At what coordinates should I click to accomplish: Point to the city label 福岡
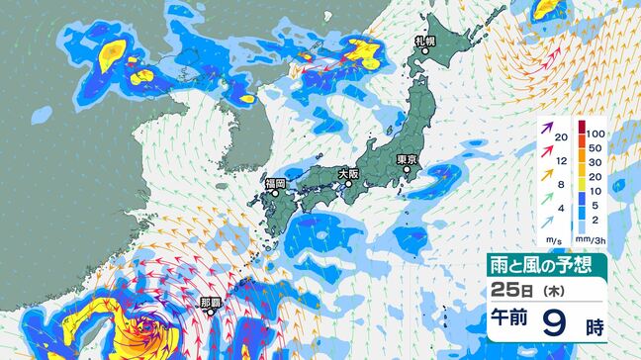tap(275, 183)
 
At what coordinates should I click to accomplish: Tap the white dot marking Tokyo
tap(407, 170)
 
